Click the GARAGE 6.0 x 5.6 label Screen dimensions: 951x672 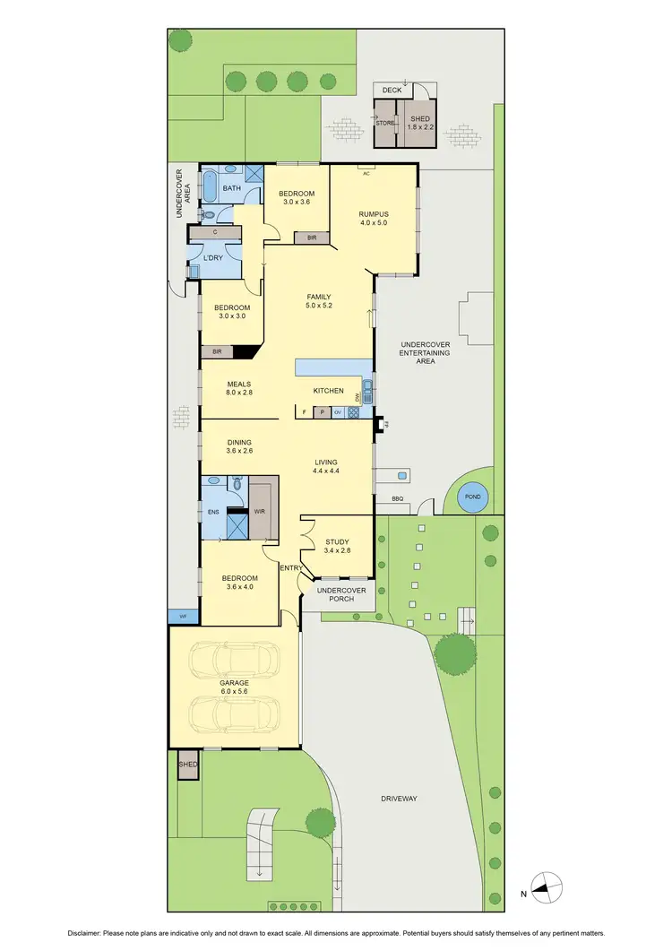click(x=235, y=687)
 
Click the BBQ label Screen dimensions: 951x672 click(x=397, y=498)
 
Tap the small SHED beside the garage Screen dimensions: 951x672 click(x=188, y=765)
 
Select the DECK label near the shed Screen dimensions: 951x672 click(x=392, y=91)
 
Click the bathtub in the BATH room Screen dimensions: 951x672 click(x=210, y=185)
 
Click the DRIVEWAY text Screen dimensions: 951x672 click(x=399, y=798)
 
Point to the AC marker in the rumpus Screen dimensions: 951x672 click(x=366, y=174)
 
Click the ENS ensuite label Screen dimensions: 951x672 click(x=213, y=513)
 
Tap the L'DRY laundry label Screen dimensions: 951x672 click(x=213, y=258)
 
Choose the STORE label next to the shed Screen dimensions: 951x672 click(x=385, y=124)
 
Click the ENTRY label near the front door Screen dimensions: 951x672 click(x=290, y=568)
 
